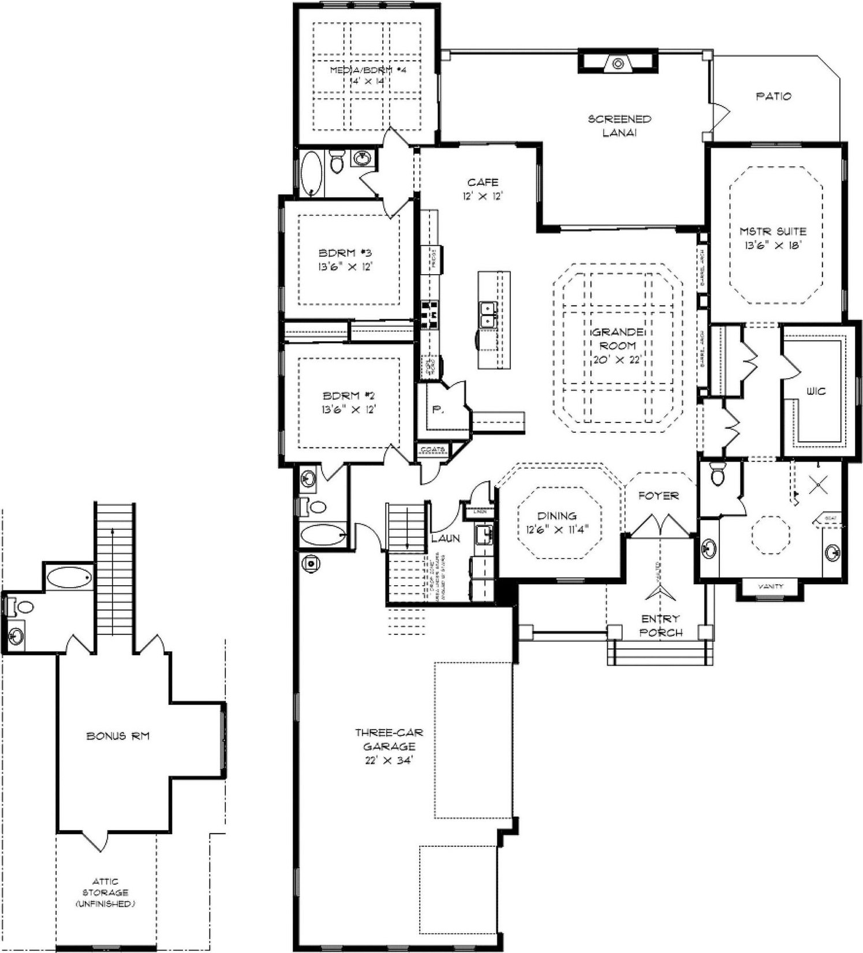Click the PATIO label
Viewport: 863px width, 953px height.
click(774, 96)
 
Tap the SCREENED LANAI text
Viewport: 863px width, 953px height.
click(619, 126)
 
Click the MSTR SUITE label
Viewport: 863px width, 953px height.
click(773, 231)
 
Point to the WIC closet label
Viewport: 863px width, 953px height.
click(816, 391)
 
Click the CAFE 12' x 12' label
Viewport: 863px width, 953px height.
click(483, 189)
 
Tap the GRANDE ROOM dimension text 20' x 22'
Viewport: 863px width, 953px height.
click(617, 360)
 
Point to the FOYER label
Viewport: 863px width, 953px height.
click(659, 495)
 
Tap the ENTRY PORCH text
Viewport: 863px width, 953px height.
click(660, 626)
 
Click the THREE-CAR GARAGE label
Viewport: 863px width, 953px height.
click(388, 739)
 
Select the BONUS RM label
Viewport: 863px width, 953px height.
click(118, 736)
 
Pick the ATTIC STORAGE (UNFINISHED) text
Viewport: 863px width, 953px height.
click(105, 892)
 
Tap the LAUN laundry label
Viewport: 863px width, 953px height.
click(446, 538)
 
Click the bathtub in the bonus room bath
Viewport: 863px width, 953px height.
click(69, 576)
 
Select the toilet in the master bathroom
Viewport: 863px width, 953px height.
click(719, 476)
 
